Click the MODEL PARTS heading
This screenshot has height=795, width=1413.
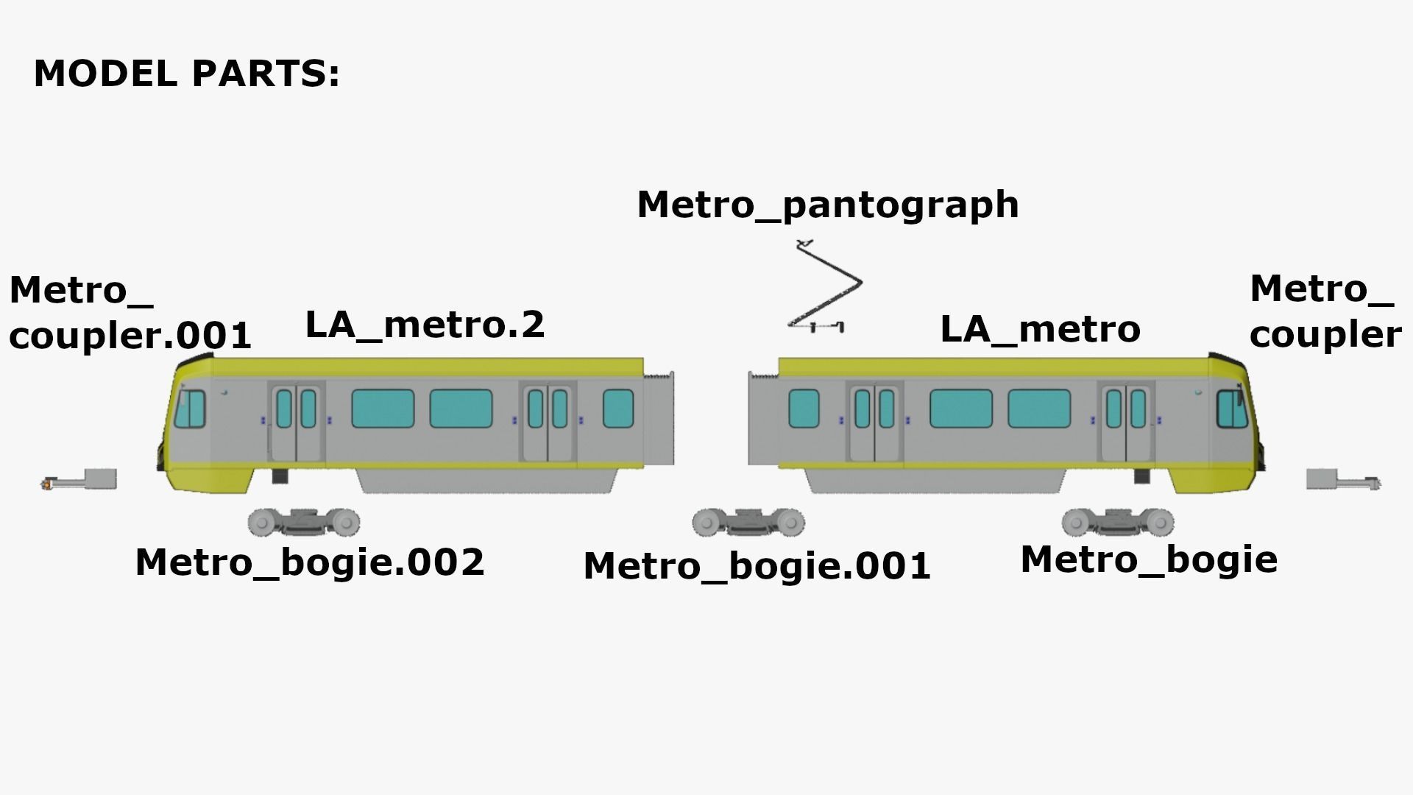[x=187, y=74]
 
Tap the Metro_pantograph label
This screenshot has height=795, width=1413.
[x=827, y=205]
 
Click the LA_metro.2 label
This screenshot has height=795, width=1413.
[x=425, y=325]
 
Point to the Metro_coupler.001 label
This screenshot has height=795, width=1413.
[x=130, y=313]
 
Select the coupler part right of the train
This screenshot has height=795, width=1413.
[x=1342, y=481]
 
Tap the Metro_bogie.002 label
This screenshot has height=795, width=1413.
[x=310, y=562]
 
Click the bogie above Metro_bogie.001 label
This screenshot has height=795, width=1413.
[x=748, y=522]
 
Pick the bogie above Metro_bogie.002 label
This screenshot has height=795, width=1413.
[x=304, y=522]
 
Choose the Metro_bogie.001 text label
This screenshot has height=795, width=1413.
[x=757, y=566]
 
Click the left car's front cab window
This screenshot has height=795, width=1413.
[x=190, y=409]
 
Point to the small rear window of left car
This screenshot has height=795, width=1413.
[x=617, y=409]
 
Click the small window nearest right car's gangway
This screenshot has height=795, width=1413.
[x=803, y=409]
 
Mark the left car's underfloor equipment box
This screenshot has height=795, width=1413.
[x=486, y=481]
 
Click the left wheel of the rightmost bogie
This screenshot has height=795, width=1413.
[x=1075, y=523]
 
